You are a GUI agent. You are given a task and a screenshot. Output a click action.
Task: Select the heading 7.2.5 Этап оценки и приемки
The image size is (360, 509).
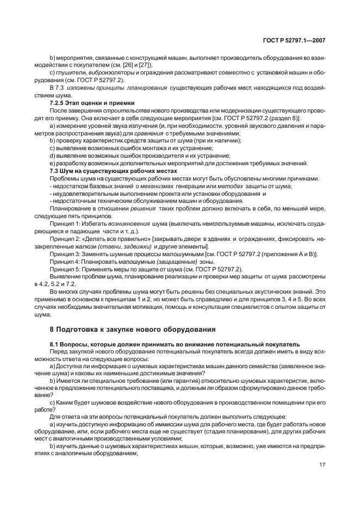pos(88,103)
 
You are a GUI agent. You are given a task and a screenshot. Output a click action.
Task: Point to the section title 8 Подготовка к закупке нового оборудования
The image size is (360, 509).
pos(132,328)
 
